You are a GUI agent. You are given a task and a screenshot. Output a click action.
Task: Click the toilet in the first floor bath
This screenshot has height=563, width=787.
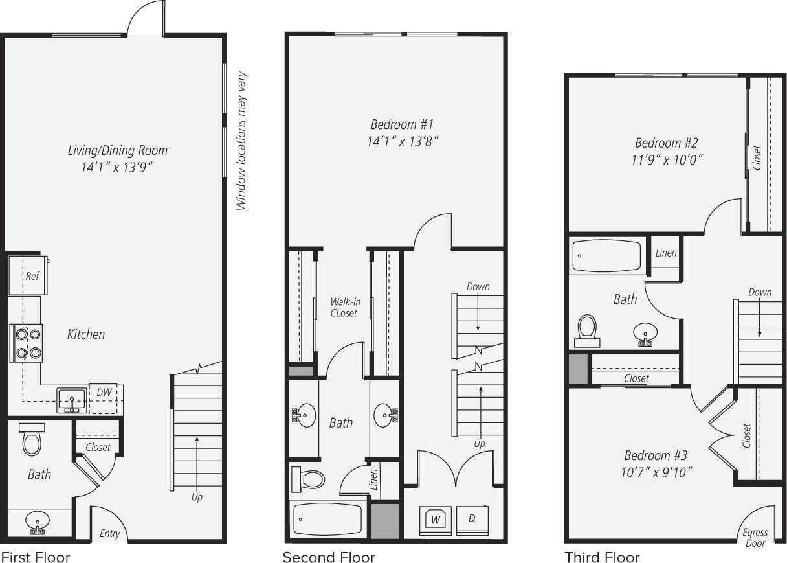click(x=32, y=441)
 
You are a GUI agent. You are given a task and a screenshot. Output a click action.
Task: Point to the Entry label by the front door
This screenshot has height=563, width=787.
click(x=109, y=533)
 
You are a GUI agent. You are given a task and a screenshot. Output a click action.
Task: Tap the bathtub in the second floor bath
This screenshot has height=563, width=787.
click(x=327, y=518)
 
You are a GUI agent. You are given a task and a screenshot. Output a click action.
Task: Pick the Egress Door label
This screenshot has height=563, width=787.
click(x=755, y=538)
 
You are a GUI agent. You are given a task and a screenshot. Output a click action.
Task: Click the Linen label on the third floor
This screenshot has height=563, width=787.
click(x=665, y=253)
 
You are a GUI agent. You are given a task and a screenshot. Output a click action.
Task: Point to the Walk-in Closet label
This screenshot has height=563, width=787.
click(x=344, y=306)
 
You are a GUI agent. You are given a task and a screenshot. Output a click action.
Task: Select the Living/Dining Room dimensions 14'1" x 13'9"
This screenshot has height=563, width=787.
click(x=117, y=167)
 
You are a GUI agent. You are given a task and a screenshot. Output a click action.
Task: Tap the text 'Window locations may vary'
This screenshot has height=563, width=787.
click(x=242, y=141)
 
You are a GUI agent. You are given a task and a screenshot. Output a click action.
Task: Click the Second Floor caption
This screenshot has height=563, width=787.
click(x=328, y=557)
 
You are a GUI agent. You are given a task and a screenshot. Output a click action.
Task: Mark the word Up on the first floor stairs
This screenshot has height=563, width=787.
click(x=197, y=497)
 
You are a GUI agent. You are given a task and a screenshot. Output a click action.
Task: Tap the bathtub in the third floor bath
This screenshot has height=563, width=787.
click(x=606, y=257)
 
